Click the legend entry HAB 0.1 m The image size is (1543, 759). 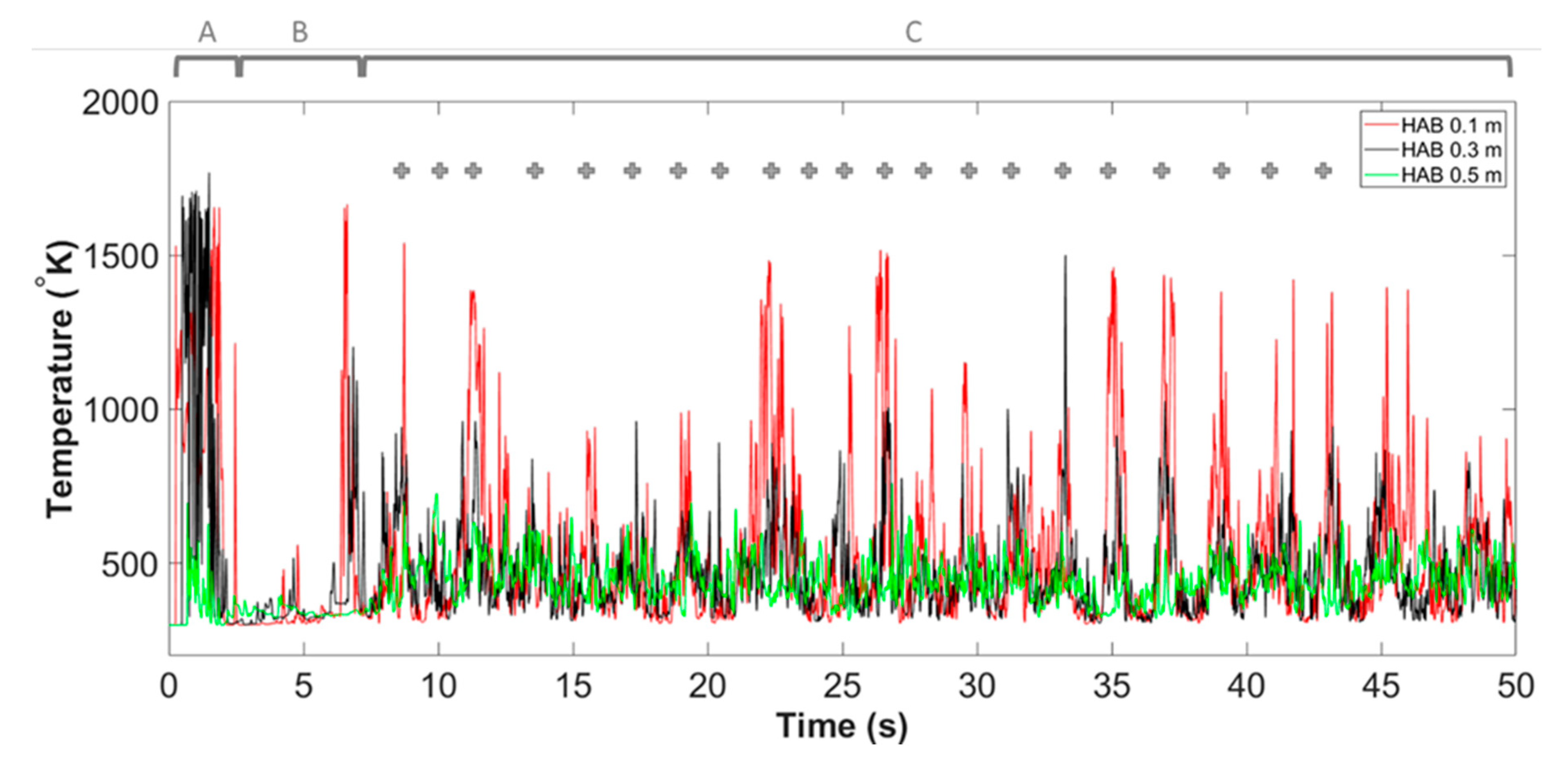[x=1450, y=126]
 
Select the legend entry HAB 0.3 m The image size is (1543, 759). [x=1450, y=150]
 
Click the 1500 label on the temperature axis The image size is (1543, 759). [x=120, y=257]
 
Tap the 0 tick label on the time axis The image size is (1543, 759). [x=169, y=686]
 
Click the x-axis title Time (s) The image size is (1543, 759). [x=842, y=726]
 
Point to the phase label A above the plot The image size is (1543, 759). [x=207, y=32]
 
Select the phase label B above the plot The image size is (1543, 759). [x=299, y=32]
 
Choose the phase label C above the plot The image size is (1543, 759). [x=913, y=32]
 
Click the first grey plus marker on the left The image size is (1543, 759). [x=401, y=171]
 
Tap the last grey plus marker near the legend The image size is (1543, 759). [x=1323, y=171]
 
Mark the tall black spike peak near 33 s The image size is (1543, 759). [x=1065, y=257]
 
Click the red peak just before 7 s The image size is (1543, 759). [x=346, y=207]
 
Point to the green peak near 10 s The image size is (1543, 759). [x=436, y=495]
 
